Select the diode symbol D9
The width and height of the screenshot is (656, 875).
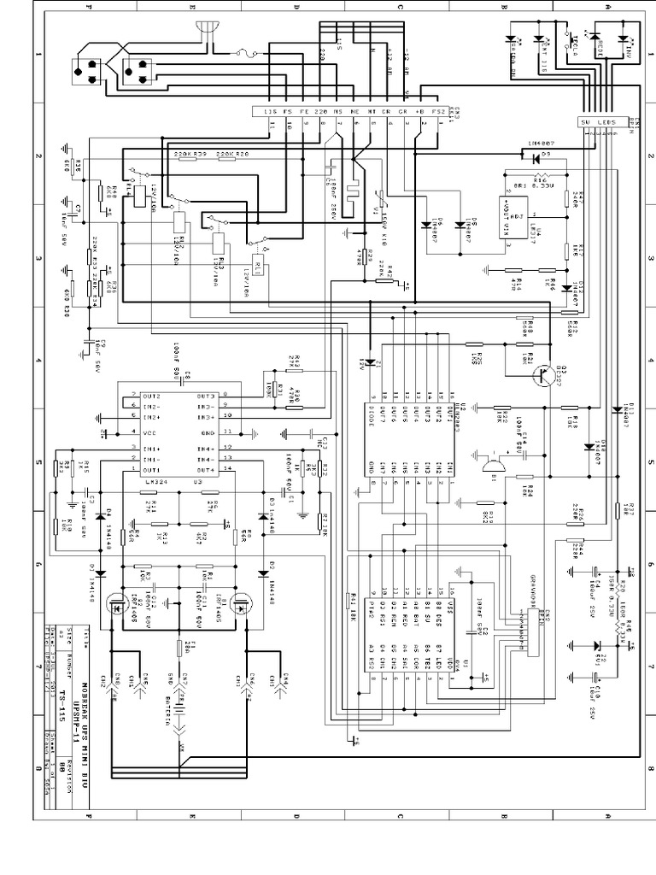coord(536,158)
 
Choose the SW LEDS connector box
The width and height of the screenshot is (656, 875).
coord(598,121)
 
